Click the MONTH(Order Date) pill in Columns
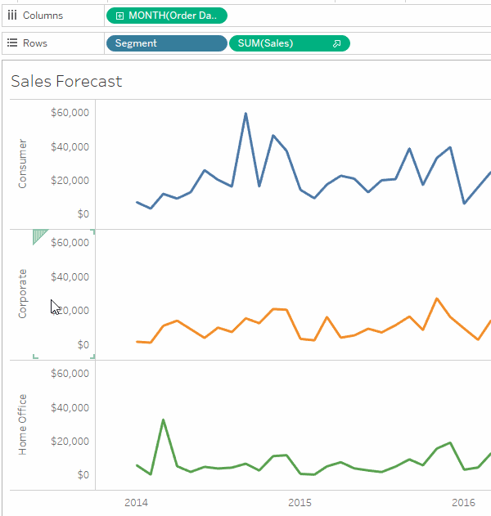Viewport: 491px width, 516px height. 167,16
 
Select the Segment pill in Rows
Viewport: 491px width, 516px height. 166,43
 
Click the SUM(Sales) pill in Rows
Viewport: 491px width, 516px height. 288,43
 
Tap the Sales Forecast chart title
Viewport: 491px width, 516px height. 66,81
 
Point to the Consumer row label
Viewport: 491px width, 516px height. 22,164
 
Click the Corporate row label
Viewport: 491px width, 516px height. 22,294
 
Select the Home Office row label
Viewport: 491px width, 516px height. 22,424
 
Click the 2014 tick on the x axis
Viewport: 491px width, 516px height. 136,502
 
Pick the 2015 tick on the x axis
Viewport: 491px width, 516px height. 300,502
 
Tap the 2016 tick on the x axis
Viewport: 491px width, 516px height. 464,502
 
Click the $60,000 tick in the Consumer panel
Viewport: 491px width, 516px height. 70,113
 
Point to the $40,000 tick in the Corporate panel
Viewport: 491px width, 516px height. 70,277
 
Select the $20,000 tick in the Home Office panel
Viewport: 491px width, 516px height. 70,442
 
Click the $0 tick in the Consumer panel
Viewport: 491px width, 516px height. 82,214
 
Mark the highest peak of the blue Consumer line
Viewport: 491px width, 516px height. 245,114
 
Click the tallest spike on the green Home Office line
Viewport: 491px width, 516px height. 164,420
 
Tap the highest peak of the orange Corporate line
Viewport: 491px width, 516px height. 437,298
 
